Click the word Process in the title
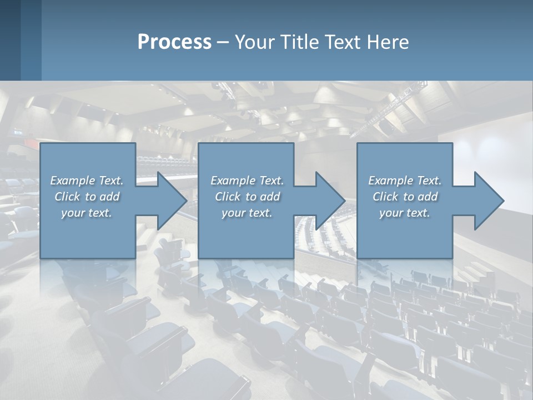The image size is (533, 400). tap(174, 42)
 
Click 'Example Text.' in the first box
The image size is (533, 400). tap(87, 181)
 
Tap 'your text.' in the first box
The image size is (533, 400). tap(87, 213)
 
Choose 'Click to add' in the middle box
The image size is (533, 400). tap(247, 197)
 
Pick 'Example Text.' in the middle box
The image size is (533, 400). tap(247, 181)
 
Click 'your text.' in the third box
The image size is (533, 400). tap(405, 213)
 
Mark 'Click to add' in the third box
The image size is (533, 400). tap(405, 197)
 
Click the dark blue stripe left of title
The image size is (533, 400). tap(31, 40)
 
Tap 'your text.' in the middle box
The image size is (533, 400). tap(247, 213)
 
